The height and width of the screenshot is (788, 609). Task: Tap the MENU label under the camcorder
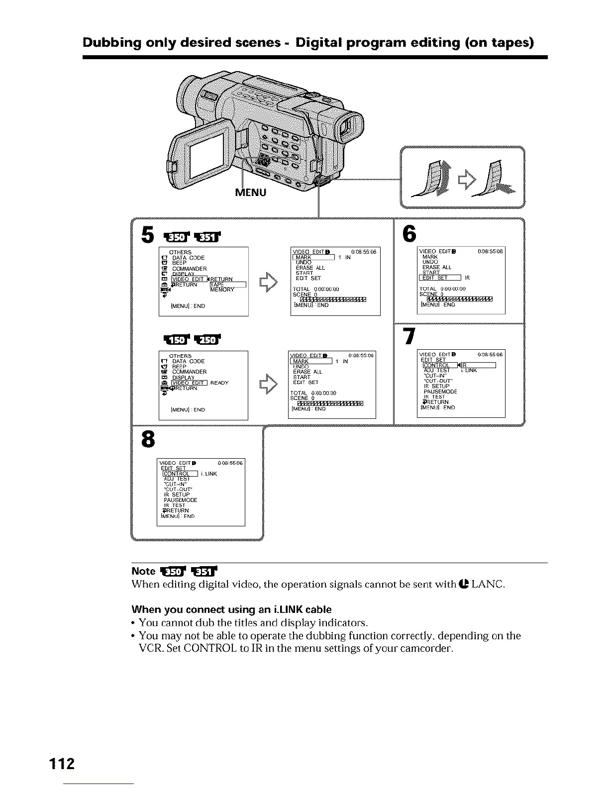pyautogui.click(x=250, y=192)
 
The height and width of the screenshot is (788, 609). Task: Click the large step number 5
pyautogui.click(x=147, y=234)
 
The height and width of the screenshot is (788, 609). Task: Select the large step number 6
pyautogui.click(x=409, y=233)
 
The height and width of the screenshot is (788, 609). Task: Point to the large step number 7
pyautogui.click(x=409, y=337)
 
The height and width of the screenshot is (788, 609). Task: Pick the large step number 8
pyautogui.click(x=147, y=440)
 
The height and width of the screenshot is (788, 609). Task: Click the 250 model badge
pyautogui.click(x=207, y=340)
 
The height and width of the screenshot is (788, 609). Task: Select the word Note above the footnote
pyautogui.click(x=143, y=571)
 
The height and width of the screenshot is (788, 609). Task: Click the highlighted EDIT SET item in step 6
pyautogui.click(x=435, y=278)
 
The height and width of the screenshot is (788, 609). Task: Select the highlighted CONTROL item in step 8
pyautogui.click(x=177, y=474)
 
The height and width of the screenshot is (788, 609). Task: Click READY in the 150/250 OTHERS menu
pyautogui.click(x=219, y=383)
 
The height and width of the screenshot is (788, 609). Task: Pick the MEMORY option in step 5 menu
pyautogui.click(x=222, y=290)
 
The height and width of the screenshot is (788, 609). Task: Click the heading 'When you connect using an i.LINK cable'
pyautogui.click(x=231, y=609)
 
